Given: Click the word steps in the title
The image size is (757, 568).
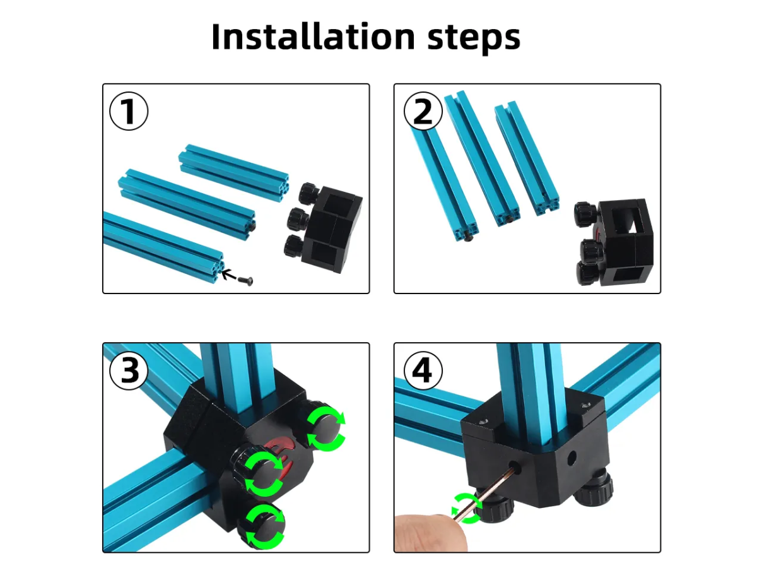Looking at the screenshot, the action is (x=474, y=38).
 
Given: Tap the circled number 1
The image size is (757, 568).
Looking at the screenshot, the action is (x=129, y=111).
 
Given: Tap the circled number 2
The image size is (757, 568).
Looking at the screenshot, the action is (x=423, y=111).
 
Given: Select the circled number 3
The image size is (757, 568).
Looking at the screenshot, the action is (x=129, y=370).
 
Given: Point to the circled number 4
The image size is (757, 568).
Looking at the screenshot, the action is (x=423, y=370).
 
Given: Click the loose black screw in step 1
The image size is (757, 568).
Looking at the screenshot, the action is (x=245, y=281).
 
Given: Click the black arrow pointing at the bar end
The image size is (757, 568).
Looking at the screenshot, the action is (x=228, y=275).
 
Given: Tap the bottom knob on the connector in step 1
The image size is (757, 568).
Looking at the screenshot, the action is (x=294, y=246).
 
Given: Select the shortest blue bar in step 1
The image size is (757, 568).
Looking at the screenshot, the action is (x=234, y=173).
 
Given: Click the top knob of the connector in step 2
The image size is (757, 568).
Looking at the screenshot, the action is (x=585, y=214).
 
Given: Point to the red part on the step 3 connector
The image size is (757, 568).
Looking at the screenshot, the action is (x=281, y=455).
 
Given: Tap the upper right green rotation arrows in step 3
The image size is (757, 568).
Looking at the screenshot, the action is (x=326, y=429).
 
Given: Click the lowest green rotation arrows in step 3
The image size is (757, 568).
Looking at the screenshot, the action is (x=265, y=526).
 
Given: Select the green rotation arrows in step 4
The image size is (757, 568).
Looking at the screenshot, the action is (x=467, y=508).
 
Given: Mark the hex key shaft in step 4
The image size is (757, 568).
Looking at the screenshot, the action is (x=486, y=492).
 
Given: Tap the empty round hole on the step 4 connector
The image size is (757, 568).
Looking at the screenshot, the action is (x=571, y=458).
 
